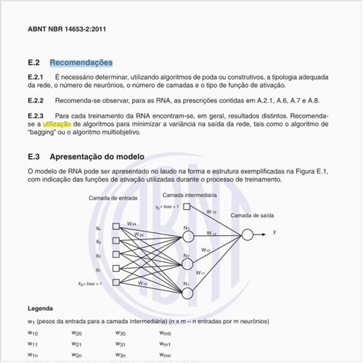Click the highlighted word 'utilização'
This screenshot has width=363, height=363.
pyautogui.click(x=57, y=124)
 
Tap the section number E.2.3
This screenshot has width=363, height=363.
pyautogui.click(x=36, y=115)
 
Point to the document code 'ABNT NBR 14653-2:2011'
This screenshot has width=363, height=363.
pyautogui.click(x=68, y=30)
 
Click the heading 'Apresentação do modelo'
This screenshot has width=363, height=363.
pyautogui.click(x=97, y=157)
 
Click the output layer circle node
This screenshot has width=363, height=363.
pyautogui.click(x=248, y=234)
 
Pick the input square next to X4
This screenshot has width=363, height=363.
pyautogui.click(x=116, y=227)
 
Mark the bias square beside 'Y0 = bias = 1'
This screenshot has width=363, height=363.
pyautogui.click(x=187, y=206)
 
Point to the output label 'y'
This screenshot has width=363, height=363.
pyautogui.click(x=274, y=232)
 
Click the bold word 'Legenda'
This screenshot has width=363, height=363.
pyautogui.click(x=40, y=309)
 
